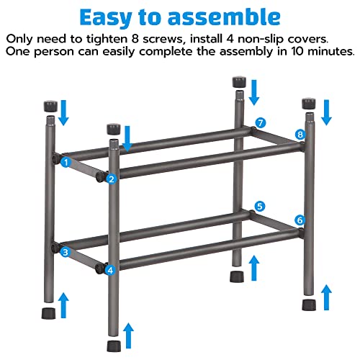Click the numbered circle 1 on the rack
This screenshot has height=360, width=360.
tap(66, 162)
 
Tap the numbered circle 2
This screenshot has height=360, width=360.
tap(111, 179)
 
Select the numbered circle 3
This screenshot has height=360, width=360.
tap(66, 252)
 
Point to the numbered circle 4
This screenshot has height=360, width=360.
tap(110, 270)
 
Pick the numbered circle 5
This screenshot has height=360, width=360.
tap(260, 205)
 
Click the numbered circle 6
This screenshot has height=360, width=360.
tap(300, 220)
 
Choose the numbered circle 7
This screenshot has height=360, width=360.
tap(261, 122)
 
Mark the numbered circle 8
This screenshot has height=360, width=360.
tap(300, 134)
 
